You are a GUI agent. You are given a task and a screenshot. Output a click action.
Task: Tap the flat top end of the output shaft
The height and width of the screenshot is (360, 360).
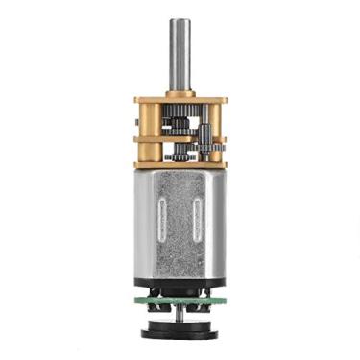[180, 20]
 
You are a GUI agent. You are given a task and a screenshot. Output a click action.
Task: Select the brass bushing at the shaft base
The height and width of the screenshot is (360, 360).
[180, 92]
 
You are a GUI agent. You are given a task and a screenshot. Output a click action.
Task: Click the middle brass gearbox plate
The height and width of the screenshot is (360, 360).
[180, 140]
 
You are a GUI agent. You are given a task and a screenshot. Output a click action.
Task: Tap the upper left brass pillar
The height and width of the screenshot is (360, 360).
[142, 121]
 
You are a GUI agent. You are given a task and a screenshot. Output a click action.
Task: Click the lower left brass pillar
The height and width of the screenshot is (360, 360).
[142, 153]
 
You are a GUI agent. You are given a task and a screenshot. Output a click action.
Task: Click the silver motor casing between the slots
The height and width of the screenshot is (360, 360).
[180, 225]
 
